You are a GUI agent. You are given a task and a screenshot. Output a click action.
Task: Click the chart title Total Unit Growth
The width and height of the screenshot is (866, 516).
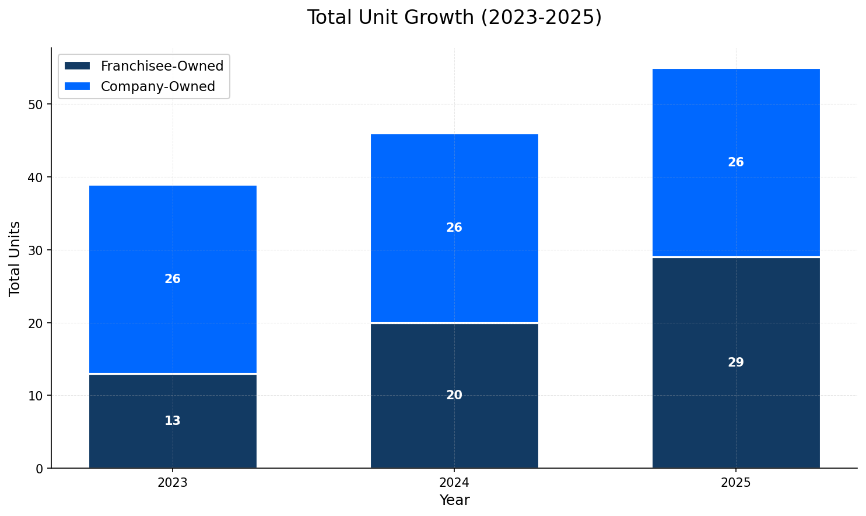(454, 18)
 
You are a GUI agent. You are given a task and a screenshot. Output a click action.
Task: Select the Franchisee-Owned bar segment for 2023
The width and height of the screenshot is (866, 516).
(173, 444)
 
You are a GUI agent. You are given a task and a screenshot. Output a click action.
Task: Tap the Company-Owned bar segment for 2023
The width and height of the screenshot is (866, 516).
(173, 245)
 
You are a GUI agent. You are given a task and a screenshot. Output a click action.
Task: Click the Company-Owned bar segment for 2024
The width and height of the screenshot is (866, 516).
(454, 193)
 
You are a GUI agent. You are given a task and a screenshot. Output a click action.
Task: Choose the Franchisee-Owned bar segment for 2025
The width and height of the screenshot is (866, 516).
(735, 409)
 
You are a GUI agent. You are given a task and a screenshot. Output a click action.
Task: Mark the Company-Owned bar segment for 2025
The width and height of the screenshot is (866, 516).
(735, 128)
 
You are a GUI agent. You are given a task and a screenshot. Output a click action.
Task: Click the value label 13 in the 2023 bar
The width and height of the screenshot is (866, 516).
(173, 421)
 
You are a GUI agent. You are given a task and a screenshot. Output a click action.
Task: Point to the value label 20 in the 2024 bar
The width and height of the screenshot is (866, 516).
(454, 395)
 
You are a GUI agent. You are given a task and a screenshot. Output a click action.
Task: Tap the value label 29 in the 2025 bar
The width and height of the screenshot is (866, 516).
(735, 362)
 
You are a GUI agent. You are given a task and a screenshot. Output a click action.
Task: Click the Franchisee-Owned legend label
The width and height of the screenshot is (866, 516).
(162, 67)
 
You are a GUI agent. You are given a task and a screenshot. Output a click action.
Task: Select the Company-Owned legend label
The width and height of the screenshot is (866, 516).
(157, 87)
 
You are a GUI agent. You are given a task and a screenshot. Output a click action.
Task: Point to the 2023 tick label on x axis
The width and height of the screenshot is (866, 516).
(173, 483)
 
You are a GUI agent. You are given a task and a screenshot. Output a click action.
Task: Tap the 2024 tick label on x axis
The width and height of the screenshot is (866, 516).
(454, 483)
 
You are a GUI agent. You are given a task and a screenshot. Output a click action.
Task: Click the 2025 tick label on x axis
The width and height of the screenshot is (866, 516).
(735, 483)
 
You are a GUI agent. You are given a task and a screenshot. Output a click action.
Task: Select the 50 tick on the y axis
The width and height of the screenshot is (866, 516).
(36, 104)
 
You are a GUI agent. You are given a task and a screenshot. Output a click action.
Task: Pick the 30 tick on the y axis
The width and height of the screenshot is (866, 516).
(36, 250)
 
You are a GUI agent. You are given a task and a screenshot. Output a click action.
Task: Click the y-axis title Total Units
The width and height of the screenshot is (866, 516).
(15, 258)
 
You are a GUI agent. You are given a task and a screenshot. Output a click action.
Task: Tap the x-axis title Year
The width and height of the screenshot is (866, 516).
(454, 501)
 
